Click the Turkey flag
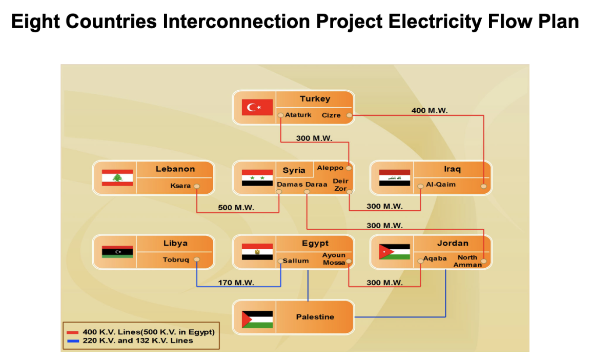tap(257, 107)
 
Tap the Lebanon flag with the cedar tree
tap(117, 177)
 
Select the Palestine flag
tap(257, 319)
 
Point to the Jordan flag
tap(395, 252)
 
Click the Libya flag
tap(117, 252)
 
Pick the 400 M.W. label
tap(430, 110)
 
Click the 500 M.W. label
tap(236, 207)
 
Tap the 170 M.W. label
tap(236, 283)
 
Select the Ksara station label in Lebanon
tap(180, 186)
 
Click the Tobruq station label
tap(176, 259)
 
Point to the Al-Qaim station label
tap(441, 184)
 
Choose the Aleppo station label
tap(330, 168)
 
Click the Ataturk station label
tap(298, 115)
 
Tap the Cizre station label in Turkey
tap(331, 115)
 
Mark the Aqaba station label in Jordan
tap(435, 258)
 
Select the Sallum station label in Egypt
tap(296, 261)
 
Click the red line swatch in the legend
tap(72, 333)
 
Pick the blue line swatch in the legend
tap(72, 341)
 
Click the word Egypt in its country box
tap(315, 244)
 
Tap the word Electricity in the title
tap(435, 22)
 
